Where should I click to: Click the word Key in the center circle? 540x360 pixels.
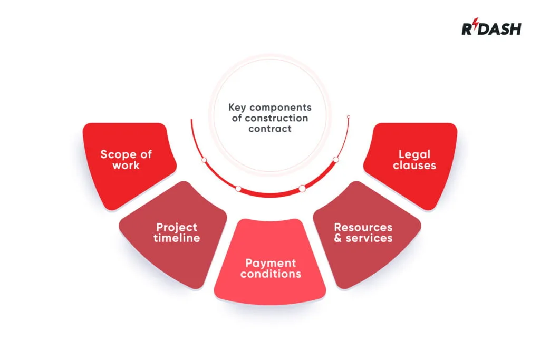(237, 108)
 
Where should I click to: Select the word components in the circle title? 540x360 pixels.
(281, 108)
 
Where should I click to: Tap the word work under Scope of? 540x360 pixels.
(126, 165)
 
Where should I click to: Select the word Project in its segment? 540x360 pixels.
(177, 228)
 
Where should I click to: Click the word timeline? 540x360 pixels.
(177, 238)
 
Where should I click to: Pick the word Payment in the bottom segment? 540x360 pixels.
(271, 264)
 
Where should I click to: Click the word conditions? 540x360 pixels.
(271, 274)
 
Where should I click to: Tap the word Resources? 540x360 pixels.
(363, 228)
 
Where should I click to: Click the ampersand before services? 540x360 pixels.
(338, 238)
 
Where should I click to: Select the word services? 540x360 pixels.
(369, 238)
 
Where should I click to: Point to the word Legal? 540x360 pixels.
(414, 155)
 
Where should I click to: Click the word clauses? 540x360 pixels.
(414, 165)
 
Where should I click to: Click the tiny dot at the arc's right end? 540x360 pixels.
(349, 117)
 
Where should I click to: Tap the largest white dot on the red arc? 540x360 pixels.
(302, 189)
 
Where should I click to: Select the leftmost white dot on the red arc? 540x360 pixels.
(204, 160)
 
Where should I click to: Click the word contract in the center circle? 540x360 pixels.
(270, 129)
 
